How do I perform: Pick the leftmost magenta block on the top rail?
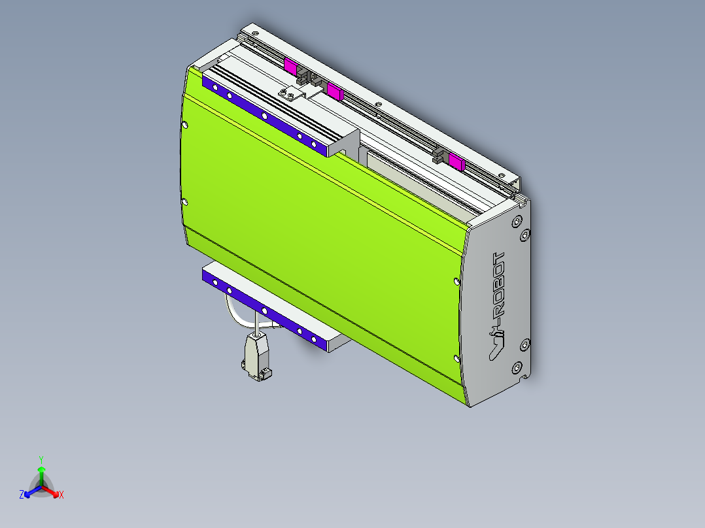click(290, 65)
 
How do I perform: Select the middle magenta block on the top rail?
click(335, 92)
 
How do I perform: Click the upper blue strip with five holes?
click(265, 116)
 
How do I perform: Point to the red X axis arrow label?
click(61, 495)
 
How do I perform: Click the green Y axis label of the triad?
click(41, 459)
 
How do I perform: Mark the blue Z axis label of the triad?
click(22, 495)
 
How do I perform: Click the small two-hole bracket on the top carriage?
click(292, 94)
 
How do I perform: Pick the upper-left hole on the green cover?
click(185, 125)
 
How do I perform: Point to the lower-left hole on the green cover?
click(185, 202)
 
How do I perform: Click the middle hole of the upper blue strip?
click(264, 116)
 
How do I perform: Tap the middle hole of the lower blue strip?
click(264, 310)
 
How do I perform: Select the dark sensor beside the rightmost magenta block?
click(439, 157)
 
